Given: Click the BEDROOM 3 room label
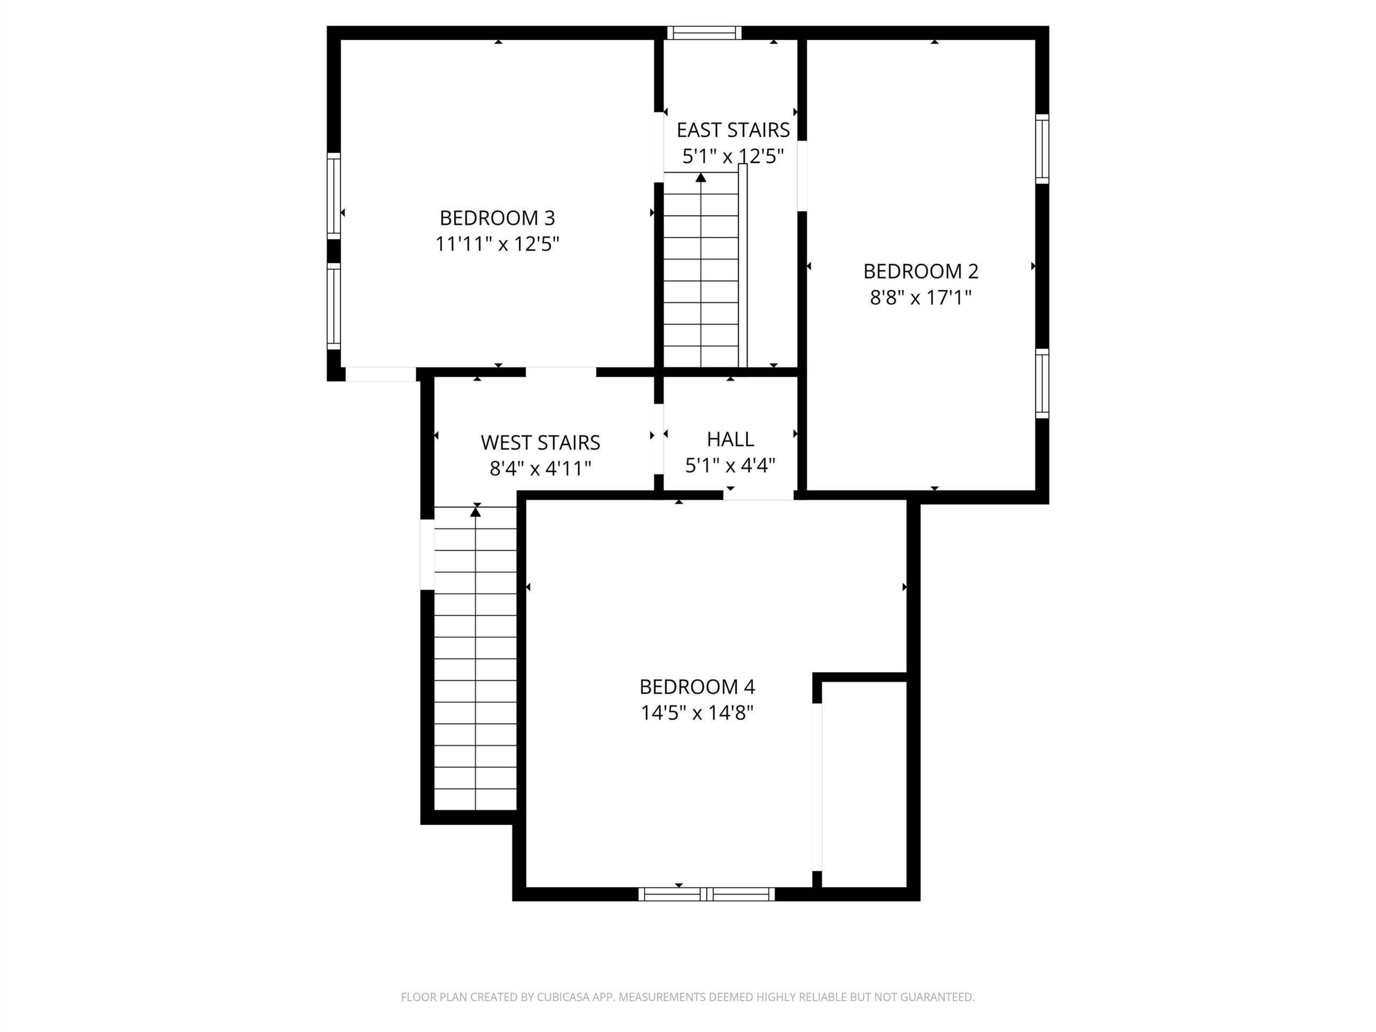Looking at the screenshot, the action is click(x=497, y=218).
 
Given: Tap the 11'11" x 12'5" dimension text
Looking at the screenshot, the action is click(x=497, y=244).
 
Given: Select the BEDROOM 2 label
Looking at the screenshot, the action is click(x=921, y=271).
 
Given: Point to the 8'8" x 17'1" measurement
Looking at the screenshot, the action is click(x=921, y=298).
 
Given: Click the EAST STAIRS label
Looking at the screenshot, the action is click(x=733, y=130).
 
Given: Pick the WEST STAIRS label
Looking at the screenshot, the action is click(x=540, y=442).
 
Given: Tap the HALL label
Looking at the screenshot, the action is click(x=730, y=439).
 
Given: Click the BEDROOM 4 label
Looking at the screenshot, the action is click(x=697, y=687).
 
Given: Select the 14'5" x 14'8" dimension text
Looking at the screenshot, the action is click(x=697, y=713).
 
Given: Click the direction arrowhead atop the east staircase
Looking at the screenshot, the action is click(x=701, y=177).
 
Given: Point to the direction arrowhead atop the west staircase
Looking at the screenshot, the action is click(x=476, y=511).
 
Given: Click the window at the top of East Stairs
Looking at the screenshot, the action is click(x=704, y=33).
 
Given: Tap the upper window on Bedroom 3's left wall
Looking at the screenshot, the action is click(x=334, y=195).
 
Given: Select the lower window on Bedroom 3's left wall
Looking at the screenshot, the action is click(x=334, y=306).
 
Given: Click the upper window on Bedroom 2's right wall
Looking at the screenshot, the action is click(x=1042, y=149).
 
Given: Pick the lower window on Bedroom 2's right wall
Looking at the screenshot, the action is click(x=1042, y=383).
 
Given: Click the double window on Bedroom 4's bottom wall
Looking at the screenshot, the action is click(x=707, y=894).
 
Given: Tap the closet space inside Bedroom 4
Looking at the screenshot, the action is click(x=864, y=784).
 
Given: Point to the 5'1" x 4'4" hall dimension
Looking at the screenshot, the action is click(x=730, y=465).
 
